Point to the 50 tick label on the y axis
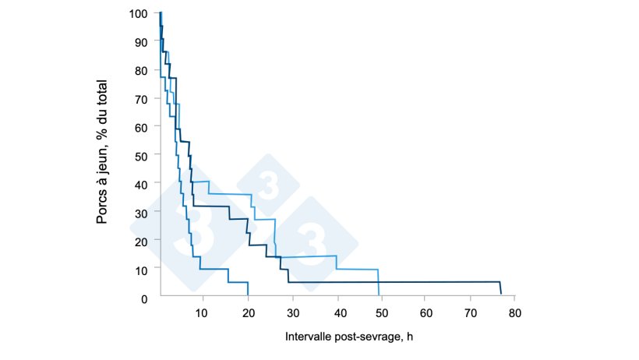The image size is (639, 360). [142, 156]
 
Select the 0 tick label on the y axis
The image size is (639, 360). [145, 298]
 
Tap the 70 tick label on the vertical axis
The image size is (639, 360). [142, 99]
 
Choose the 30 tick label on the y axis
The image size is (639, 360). [142, 213]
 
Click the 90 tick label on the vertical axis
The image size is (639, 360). [142, 42]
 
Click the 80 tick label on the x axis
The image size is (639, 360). [514, 312]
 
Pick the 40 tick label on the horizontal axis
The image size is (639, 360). [336, 312]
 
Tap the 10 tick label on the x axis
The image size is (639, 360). [203, 312]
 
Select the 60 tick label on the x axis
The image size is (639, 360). [425, 312]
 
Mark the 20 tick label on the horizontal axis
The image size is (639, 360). [247, 312]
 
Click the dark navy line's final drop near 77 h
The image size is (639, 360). [500, 288]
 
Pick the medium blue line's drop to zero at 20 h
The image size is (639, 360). [248, 290]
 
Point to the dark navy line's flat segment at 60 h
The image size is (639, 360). [425, 282]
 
